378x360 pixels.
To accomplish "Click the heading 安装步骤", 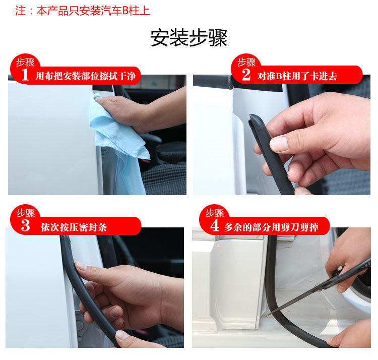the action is pyautogui.click(x=189, y=38).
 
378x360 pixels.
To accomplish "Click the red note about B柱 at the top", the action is pyautogui.click(x=83, y=11).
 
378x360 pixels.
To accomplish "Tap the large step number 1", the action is pyautogui.click(x=25, y=75).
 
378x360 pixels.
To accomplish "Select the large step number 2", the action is pyautogui.click(x=246, y=75).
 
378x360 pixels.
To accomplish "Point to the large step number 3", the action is pyautogui.click(x=25, y=225).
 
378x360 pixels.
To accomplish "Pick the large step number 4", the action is pyautogui.click(x=215, y=225).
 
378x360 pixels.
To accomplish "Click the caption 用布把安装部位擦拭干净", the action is pyautogui.click(x=86, y=76).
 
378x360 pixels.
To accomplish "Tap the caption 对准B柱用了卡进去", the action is pyautogui.click(x=297, y=76).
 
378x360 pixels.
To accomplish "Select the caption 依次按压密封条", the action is pyautogui.click(x=74, y=227).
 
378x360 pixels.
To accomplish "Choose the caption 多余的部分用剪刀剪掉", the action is pyautogui.click(x=272, y=227).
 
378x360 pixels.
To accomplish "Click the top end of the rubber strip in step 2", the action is pyautogui.click(x=253, y=116).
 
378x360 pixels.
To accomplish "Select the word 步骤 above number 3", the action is pyautogui.click(x=25, y=213).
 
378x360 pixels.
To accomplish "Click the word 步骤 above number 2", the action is pyautogui.click(x=246, y=63).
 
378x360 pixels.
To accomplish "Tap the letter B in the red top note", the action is pyautogui.click(x=125, y=11).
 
